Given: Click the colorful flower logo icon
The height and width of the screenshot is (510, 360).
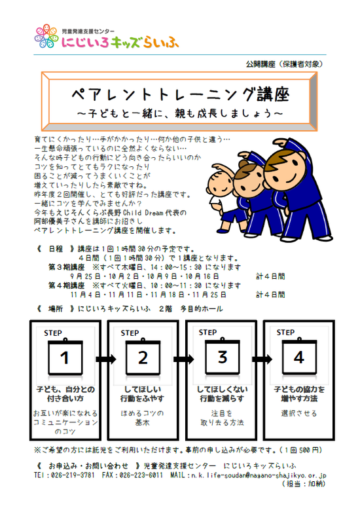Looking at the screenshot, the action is click(46, 36).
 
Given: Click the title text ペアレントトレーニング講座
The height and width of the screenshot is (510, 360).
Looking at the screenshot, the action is click(180, 95).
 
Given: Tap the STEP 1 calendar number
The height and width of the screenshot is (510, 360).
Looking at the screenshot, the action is click(65, 357).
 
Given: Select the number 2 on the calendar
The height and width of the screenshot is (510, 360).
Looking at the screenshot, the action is click(143, 357).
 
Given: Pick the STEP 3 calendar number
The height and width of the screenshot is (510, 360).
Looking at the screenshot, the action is click(223, 357).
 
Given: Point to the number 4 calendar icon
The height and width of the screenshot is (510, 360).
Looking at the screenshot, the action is click(299, 357).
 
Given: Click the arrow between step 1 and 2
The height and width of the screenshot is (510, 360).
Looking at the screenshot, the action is click(106, 359).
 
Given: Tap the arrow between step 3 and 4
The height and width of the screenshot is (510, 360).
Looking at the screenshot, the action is click(262, 359).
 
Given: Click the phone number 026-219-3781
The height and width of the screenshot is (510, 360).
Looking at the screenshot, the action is click(73, 475).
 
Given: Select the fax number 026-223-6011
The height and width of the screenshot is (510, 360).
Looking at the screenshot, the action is click(141, 475).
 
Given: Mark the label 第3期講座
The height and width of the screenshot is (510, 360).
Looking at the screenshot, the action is click(66, 267).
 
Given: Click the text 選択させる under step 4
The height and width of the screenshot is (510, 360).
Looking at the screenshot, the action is click(299, 413).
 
